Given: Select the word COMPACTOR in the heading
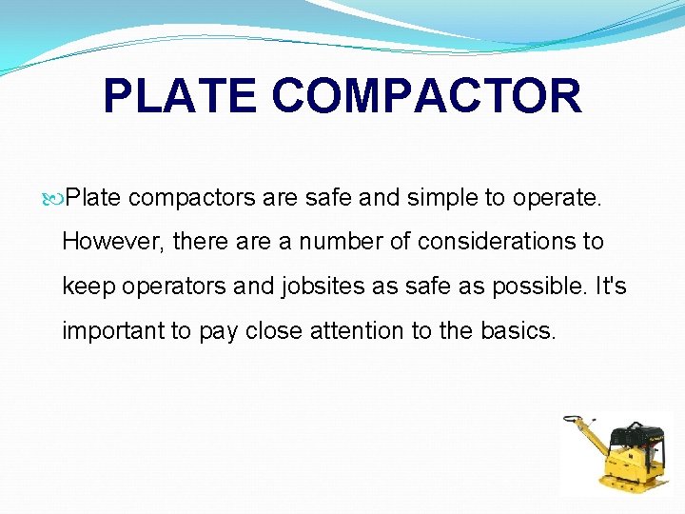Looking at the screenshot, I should [x=426, y=96].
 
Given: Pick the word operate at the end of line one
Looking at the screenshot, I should [x=560, y=198].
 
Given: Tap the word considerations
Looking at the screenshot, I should [x=484, y=242].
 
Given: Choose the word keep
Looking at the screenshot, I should [x=87, y=287].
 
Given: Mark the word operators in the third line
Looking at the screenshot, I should [x=173, y=287].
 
